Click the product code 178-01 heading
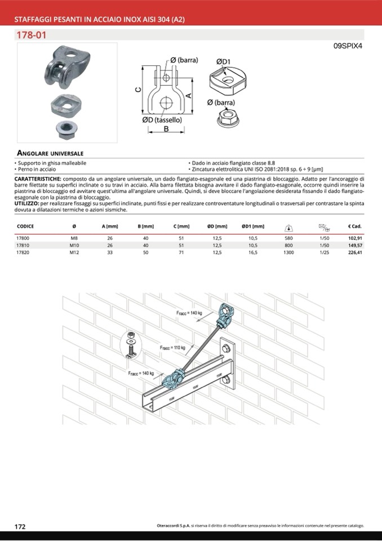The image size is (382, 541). click(32, 35)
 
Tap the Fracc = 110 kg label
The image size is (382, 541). click(172, 348)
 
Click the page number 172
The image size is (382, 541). click(20, 526)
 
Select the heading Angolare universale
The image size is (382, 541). click(51, 153)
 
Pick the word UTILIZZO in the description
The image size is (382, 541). click(26, 203)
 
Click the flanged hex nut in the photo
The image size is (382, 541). click(66, 127)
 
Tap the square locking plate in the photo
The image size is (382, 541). click(66, 103)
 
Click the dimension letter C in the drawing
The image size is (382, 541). click(138, 90)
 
